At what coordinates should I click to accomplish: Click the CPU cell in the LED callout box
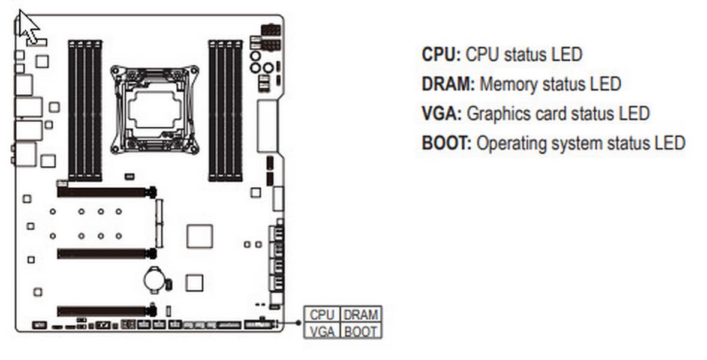coord(322,315)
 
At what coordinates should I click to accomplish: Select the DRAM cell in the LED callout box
coord(361,315)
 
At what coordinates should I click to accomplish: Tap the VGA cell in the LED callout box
coord(322,331)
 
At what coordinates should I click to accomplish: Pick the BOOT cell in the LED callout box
coord(361,331)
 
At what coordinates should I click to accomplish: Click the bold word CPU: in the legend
coord(441,55)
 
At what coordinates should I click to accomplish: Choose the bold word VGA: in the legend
coord(441,113)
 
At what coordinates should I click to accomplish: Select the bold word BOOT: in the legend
coord(447,143)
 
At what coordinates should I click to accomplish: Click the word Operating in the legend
coord(509,143)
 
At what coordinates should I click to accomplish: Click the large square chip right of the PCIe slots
coord(199,236)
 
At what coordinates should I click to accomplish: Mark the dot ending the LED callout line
coord(298,323)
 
